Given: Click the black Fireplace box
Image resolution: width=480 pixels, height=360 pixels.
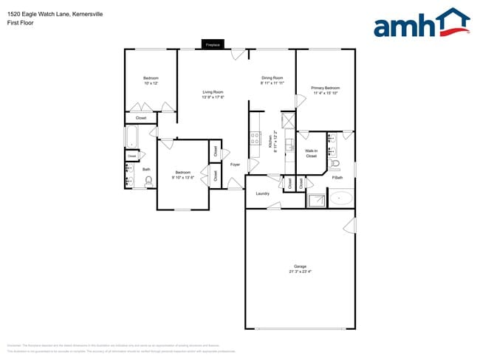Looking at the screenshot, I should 213,45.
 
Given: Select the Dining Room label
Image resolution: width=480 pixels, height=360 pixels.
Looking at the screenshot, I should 272,77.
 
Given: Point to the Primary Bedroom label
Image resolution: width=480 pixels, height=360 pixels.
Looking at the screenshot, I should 326,89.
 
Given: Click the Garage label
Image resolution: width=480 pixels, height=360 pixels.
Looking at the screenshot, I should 300,266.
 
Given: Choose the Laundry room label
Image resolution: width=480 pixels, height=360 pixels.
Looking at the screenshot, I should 262,193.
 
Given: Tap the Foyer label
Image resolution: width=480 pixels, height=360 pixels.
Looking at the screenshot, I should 235,165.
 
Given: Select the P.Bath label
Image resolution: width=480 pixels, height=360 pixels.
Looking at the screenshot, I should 338,178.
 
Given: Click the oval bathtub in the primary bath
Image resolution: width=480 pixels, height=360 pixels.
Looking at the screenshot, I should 342,198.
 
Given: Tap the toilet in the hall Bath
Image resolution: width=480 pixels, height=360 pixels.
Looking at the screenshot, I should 148,179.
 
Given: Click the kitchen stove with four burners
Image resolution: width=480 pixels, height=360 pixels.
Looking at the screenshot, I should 256,136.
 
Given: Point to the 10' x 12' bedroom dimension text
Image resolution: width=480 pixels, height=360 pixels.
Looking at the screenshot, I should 151,83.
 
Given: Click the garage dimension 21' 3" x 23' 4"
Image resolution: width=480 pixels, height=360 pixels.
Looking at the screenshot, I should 300,271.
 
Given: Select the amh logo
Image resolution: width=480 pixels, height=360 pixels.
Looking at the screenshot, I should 421,24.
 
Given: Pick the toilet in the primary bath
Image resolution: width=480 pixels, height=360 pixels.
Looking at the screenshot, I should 336,164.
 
